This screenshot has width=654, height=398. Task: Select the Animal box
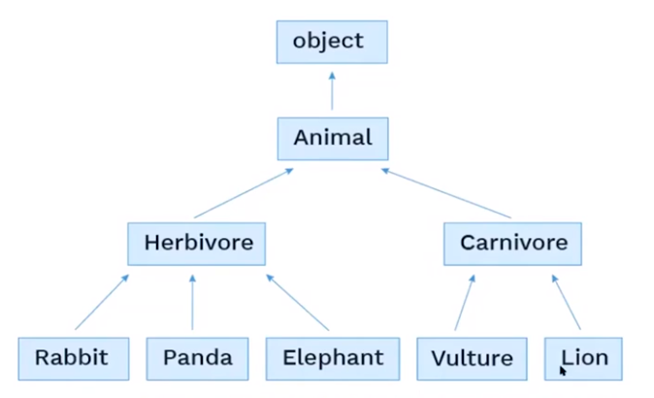(x=333, y=138)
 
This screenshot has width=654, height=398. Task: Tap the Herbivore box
(x=197, y=243)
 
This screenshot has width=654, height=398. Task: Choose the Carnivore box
(x=512, y=243)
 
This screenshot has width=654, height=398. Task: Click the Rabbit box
(x=73, y=358)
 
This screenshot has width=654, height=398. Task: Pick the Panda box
(x=198, y=358)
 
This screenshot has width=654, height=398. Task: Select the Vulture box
(x=472, y=358)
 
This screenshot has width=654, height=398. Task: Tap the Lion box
(x=583, y=358)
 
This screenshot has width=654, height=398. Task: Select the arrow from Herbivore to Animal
(x=244, y=193)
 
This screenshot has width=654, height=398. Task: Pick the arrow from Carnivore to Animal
(x=445, y=193)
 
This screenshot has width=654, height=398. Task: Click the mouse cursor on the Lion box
(x=564, y=371)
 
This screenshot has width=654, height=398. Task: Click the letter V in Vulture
(x=438, y=358)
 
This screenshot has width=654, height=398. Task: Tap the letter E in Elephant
(x=289, y=358)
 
